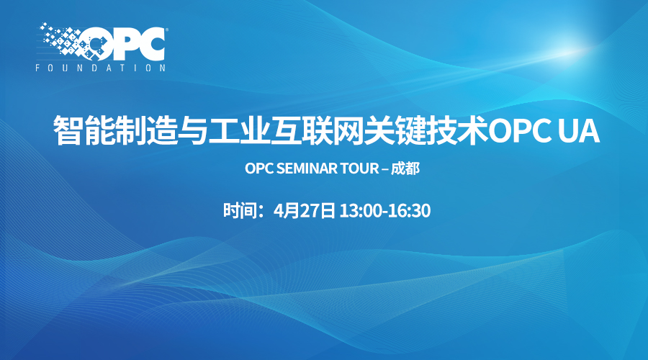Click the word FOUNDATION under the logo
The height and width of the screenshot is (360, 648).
(x=100, y=68)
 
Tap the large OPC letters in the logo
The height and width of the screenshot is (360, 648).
(x=124, y=43)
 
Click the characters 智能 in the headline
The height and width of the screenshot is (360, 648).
(x=84, y=130)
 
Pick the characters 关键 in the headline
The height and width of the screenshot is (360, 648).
(x=395, y=130)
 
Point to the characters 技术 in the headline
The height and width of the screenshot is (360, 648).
(x=456, y=130)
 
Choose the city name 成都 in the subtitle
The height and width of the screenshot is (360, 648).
(x=405, y=168)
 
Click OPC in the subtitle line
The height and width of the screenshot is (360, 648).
(x=259, y=168)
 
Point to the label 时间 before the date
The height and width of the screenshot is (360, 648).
(x=238, y=210)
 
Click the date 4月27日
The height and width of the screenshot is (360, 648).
(x=304, y=210)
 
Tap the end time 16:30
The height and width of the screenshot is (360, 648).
(x=409, y=211)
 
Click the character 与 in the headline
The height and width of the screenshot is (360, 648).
(x=192, y=130)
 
